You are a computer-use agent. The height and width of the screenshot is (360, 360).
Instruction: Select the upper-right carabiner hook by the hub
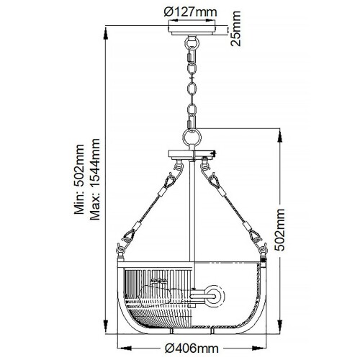click(x=213, y=176)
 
